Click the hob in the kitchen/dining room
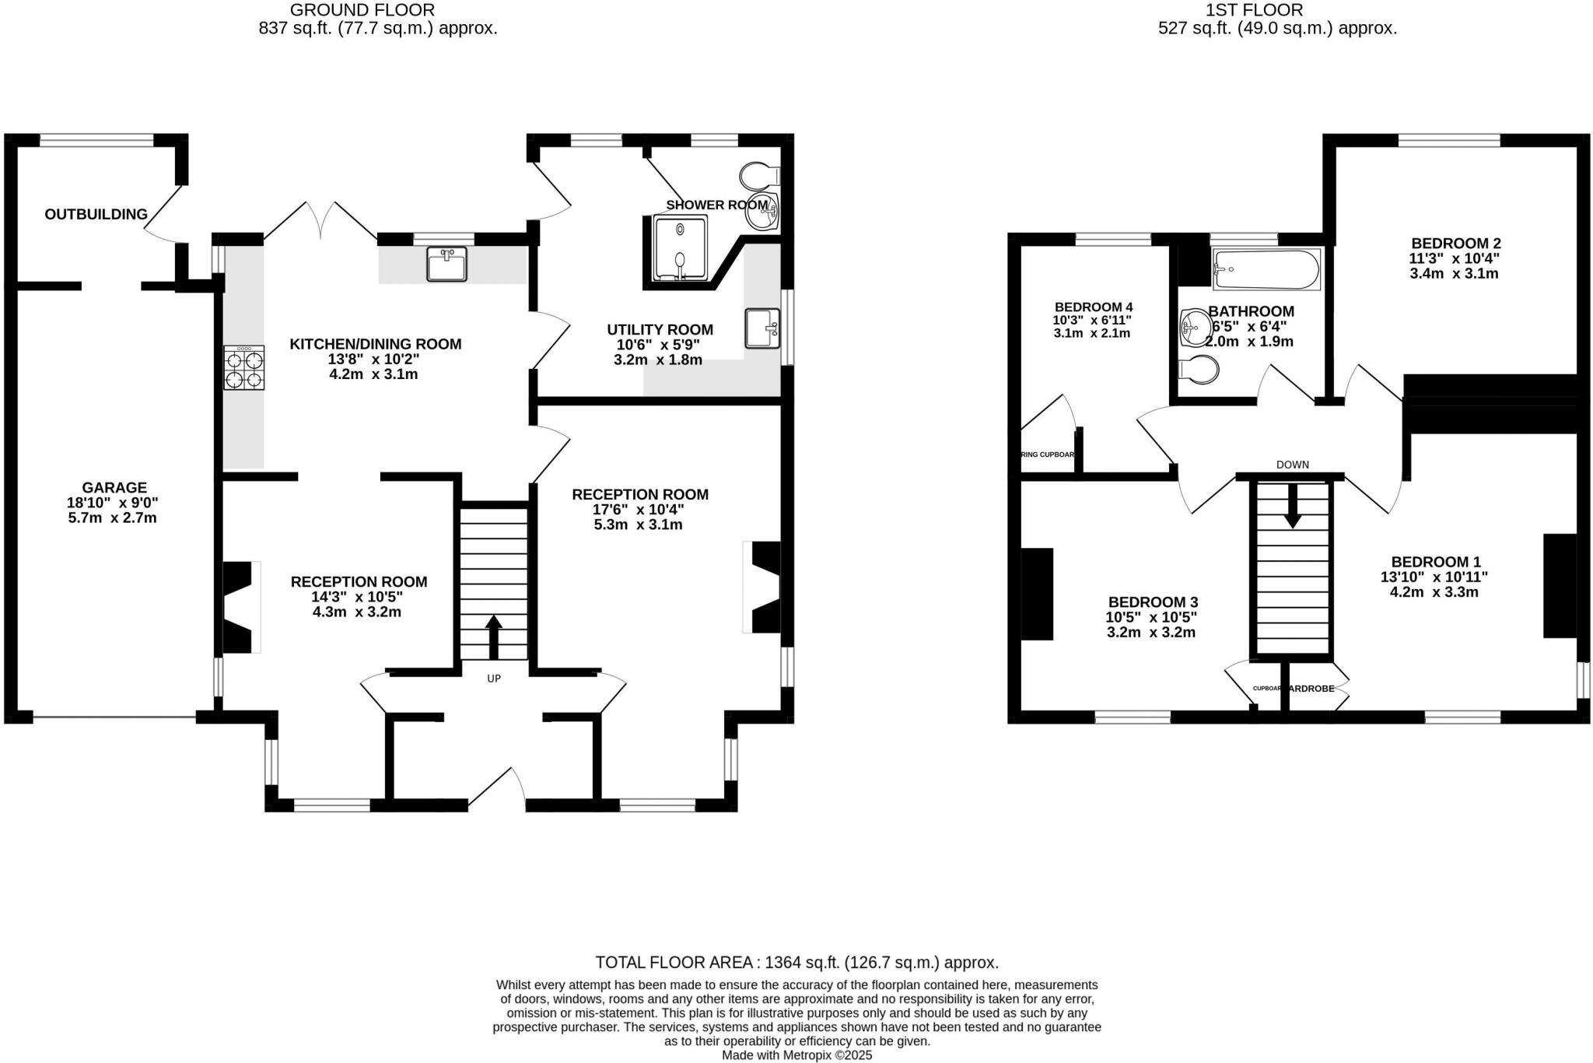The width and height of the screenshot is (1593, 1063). pyautogui.click(x=244, y=368)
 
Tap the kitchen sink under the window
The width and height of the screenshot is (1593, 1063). pyautogui.click(x=446, y=264)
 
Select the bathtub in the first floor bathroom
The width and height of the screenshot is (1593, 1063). pyautogui.click(x=1266, y=270)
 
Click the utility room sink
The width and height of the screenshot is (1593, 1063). pyautogui.click(x=762, y=328)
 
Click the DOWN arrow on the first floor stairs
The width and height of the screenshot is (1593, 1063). pyautogui.click(x=1292, y=506)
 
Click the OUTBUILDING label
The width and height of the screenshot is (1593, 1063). pyautogui.click(x=96, y=214)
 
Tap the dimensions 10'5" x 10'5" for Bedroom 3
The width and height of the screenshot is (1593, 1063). pyautogui.click(x=1151, y=617)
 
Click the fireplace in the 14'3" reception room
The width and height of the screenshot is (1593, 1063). pyautogui.click(x=238, y=607)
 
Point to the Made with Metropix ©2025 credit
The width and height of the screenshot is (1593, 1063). pyautogui.click(x=796, y=1056)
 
